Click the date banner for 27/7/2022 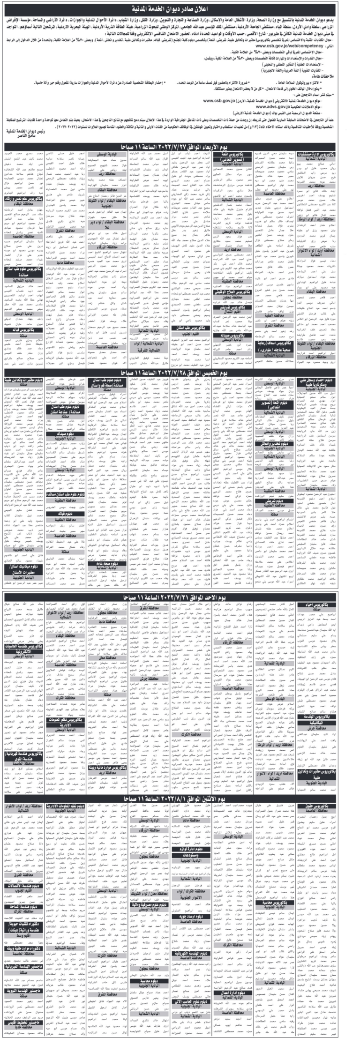pos(180,147)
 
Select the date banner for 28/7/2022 pos(180,385)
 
